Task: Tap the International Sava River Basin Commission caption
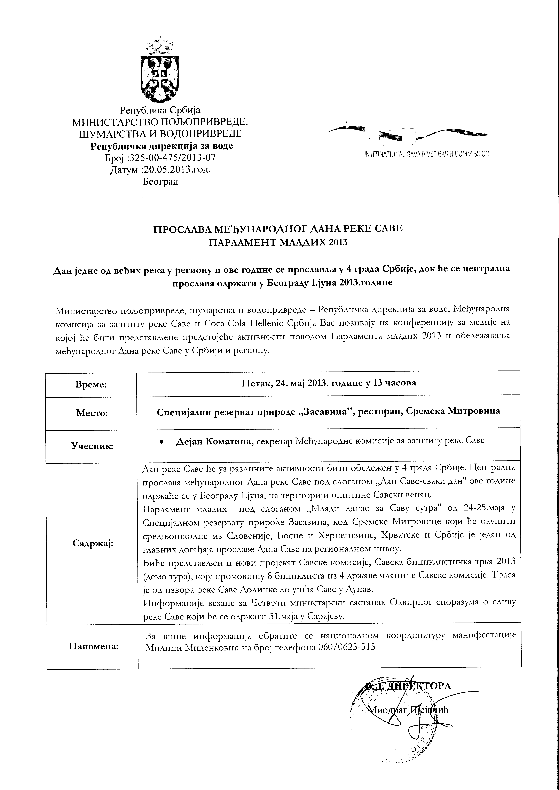426,154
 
